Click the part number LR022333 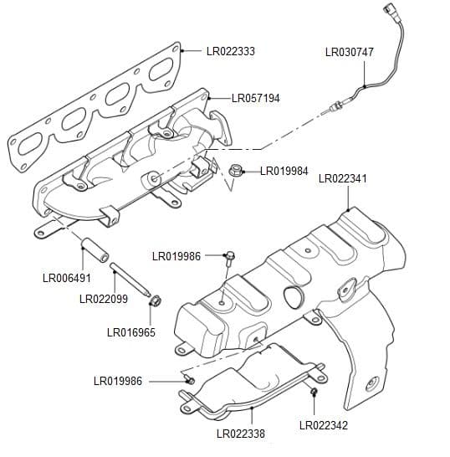pyautogui.click(x=230, y=51)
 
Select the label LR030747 pyautogui.click(x=349, y=52)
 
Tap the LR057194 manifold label pyautogui.click(x=255, y=98)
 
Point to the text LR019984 pyautogui.click(x=284, y=171)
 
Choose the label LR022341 pyautogui.click(x=343, y=178)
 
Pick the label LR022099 pyautogui.click(x=103, y=298)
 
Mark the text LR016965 pyautogui.click(x=130, y=332)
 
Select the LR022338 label pyautogui.click(x=240, y=434)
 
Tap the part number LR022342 pyautogui.click(x=323, y=425)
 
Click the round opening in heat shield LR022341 pyautogui.click(x=292, y=296)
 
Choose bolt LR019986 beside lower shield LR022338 pyautogui.click(x=189, y=381)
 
